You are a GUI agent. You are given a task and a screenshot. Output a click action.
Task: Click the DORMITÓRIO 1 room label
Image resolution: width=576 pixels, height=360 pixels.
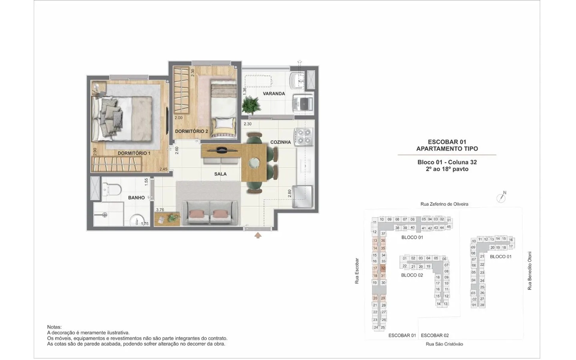tap(134, 153)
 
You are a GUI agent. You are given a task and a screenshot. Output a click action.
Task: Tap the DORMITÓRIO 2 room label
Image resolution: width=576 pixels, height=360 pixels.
tap(191, 131)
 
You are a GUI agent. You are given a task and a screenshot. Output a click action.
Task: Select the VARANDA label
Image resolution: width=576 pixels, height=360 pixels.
tap(274, 94)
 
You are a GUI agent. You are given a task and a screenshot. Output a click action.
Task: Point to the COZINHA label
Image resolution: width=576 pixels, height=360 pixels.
tap(280, 142)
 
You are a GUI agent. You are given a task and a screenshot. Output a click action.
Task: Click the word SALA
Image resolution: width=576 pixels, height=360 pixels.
tap(220, 174)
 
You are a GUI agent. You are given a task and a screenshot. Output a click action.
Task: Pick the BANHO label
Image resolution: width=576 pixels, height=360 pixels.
tap(136, 198)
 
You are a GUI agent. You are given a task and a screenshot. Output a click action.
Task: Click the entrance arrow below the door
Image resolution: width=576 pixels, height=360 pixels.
tap(258, 235)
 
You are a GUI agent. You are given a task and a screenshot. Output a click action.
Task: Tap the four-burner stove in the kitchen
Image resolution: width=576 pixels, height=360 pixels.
tap(304, 136)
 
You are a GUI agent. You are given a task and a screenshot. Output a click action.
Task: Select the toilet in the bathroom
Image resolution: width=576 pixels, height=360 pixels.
tap(112, 189)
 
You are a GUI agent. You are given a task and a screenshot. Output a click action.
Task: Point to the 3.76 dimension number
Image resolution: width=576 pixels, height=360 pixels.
tap(160, 210)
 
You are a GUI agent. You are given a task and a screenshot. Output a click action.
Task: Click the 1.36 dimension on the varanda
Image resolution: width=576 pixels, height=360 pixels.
tap(244, 91)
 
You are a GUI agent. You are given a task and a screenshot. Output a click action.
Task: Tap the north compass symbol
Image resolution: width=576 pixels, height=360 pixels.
tap(501, 198)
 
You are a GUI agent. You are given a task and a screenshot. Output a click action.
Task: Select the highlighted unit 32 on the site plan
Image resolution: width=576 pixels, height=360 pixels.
tap(383, 268)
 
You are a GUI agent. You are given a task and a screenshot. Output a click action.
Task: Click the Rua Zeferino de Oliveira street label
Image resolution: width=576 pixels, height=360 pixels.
tap(444, 204)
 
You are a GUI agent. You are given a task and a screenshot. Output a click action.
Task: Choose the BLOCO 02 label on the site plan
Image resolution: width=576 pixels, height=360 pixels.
tap(412, 275)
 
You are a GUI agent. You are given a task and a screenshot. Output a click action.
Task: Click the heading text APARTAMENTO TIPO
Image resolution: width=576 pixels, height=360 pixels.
tap(447, 148)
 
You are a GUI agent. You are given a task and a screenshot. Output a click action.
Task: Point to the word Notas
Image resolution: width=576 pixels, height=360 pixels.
tap(54, 327)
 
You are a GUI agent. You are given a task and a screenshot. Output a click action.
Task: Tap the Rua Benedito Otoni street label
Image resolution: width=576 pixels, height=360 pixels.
tap(529, 271)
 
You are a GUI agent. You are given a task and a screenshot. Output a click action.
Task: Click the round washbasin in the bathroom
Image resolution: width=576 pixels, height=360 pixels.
tap(139, 221)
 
